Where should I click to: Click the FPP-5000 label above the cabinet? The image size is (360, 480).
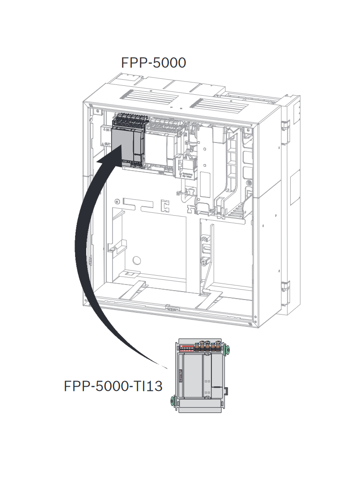153,62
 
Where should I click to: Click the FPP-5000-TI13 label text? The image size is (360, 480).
113,386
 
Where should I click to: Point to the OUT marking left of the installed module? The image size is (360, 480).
107,144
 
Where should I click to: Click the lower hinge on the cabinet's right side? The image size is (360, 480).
285,287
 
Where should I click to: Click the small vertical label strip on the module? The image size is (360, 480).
180,375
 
